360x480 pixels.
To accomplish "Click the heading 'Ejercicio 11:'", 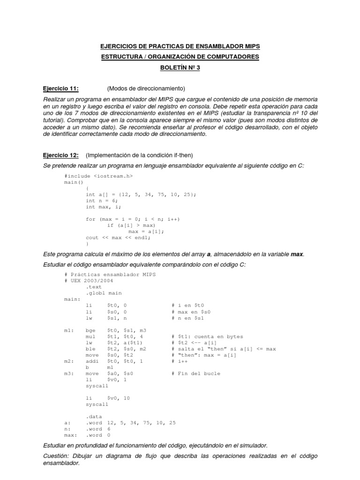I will click(60, 89).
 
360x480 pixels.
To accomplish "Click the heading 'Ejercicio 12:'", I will click(60, 155).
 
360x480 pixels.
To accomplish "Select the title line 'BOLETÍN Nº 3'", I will click(180, 67).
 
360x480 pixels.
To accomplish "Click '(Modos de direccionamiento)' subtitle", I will click(146, 89).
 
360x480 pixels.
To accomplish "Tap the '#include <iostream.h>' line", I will click(98, 176).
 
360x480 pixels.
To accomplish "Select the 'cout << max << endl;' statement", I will click(118, 237).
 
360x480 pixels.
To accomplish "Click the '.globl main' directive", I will click(104, 293).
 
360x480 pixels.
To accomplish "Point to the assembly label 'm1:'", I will click(69, 330).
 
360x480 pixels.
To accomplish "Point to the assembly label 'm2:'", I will click(69, 361).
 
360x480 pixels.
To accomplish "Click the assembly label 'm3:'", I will click(69, 374).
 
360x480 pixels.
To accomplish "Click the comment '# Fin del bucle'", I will click(196, 374).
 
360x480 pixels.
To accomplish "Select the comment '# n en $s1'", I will click(190, 318).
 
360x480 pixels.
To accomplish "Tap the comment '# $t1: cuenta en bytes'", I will click(207, 336).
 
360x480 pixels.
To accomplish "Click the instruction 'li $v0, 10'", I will click(107, 398).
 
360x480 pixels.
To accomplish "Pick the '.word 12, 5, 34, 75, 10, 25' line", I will click(131, 423).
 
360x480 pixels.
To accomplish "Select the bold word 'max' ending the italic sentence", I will click(297, 254).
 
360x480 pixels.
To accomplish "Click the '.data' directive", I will click(94, 416).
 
